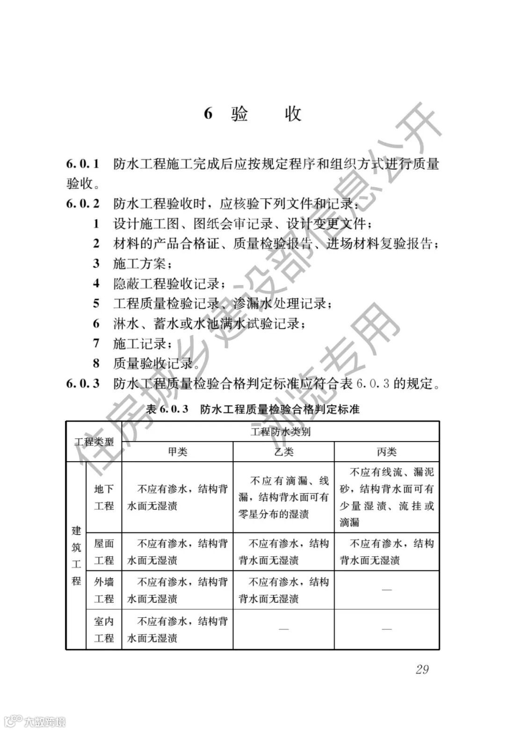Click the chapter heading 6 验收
click(x=252, y=114)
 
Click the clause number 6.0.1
click(x=83, y=164)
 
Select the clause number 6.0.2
click(x=83, y=204)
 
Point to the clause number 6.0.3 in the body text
click(x=83, y=384)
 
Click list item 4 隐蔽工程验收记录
click(x=166, y=283)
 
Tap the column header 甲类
click(x=177, y=452)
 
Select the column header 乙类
click(x=283, y=452)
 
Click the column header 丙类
click(x=387, y=452)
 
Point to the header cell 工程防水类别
click(x=281, y=432)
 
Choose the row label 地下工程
click(x=104, y=498)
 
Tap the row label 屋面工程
click(x=104, y=552)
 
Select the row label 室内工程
click(x=104, y=630)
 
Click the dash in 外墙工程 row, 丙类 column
click(x=387, y=590)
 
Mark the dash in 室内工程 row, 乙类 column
click(x=283, y=630)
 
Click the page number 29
click(x=422, y=669)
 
